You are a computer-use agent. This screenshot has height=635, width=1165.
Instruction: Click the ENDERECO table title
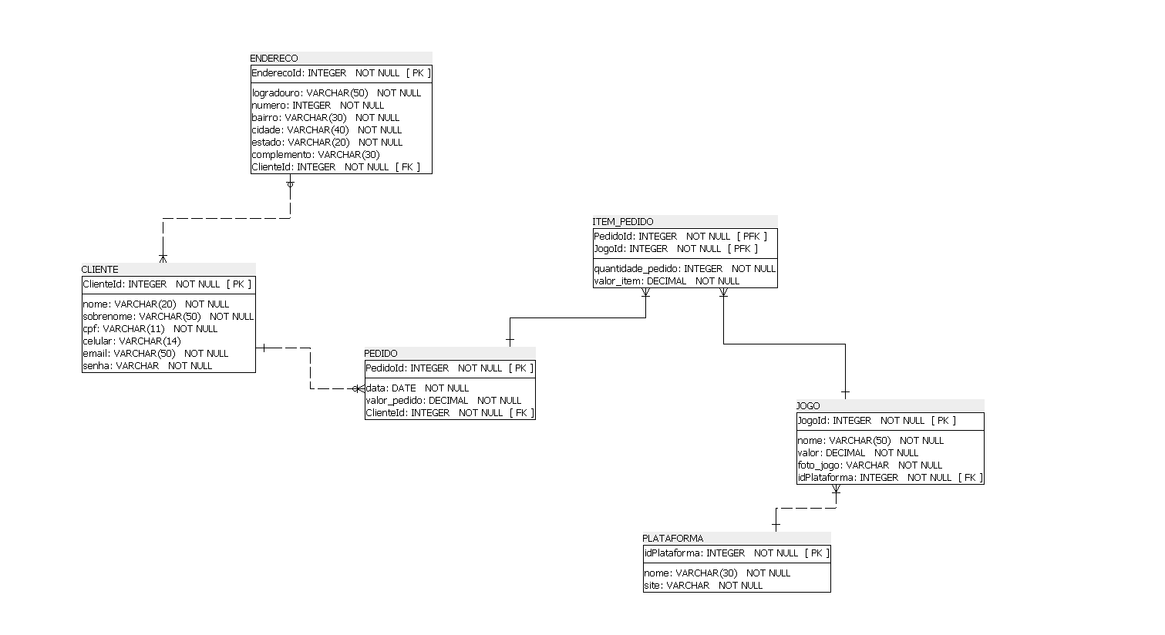pyautogui.click(x=274, y=58)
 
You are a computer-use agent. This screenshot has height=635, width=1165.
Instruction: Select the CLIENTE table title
pyautogui.click(x=100, y=269)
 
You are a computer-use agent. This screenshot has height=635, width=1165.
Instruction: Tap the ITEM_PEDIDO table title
pyautogui.click(x=623, y=221)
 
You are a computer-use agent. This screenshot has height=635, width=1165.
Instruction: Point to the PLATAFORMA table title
pyautogui.click(x=673, y=538)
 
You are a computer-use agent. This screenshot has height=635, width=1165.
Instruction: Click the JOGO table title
pyautogui.click(x=808, y=405)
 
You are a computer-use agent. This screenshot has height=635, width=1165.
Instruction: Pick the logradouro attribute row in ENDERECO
pyautogui.click(x=336, y=92)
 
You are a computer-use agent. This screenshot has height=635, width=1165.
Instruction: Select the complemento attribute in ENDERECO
pyautogui.click(x=315, y=154)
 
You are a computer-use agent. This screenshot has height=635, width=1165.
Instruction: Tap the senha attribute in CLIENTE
pyautogui.click(x=146, y=365)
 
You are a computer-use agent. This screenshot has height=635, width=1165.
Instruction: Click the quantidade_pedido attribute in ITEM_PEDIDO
pyautogui.click(x=684, y=268)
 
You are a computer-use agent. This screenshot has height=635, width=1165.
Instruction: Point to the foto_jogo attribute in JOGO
pyautogui.click(x=869, y=465)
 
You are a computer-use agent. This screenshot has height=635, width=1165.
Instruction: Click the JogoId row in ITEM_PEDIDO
pyautogui.click(x=675, y=248)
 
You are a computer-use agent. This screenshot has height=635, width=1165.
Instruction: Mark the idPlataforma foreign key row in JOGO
pyautogui.click(x=890, y=477)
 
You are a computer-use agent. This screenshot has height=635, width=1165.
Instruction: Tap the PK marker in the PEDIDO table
pyautogui.click(x=521, y=368)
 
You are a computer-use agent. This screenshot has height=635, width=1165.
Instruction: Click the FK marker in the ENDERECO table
pyautogui.click(x=408, y=166)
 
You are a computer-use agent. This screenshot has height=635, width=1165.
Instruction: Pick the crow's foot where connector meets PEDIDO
pyautogui.click(x=359, y=388)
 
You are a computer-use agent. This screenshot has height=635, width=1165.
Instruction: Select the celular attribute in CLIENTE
pyautogui.click(x=131, y=341)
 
